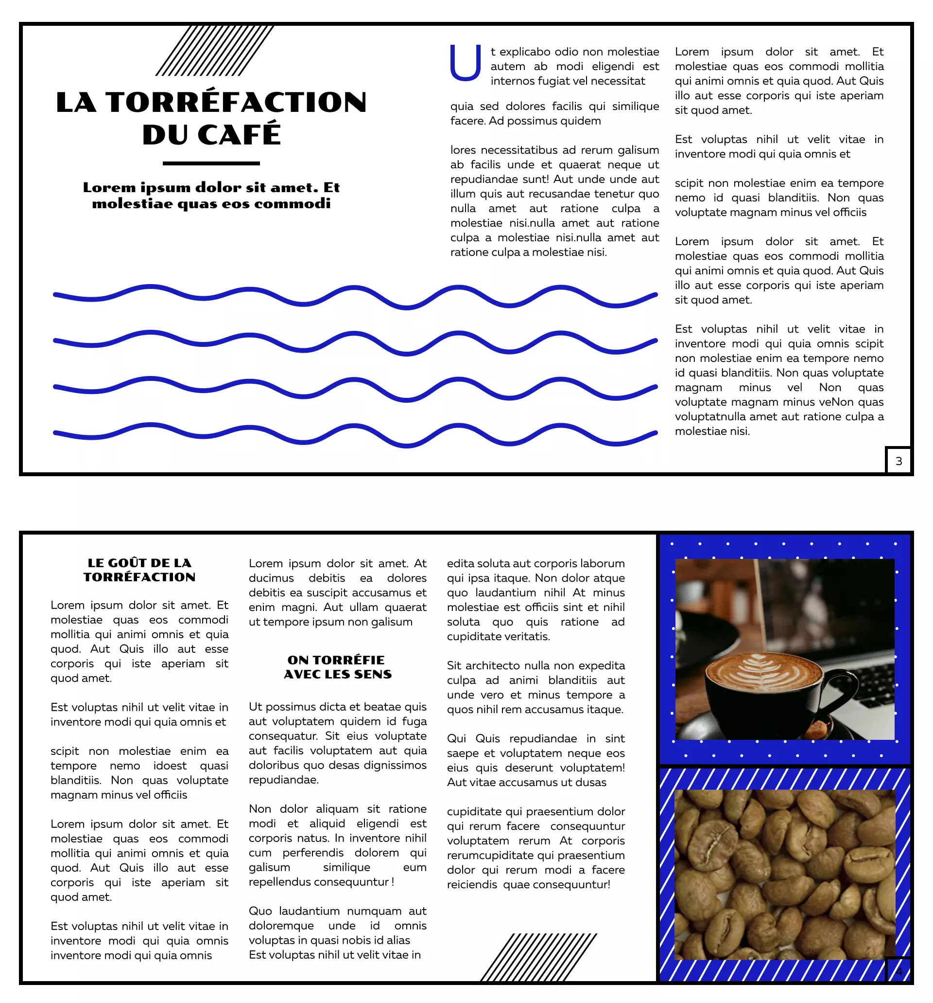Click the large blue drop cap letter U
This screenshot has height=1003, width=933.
coord(464,63)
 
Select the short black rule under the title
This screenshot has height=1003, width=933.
coord(211,163)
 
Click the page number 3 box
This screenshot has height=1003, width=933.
coord(898,461)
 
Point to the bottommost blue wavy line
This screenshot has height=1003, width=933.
coord(355,434)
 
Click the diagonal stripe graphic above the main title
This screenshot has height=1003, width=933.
coord(214,51)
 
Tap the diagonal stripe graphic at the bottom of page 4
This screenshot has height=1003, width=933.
coord(538,957)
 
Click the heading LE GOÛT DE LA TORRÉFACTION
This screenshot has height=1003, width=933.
coord(139,570)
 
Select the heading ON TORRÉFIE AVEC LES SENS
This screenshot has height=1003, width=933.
coord(337,667)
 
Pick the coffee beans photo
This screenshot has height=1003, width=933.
coord(784,874)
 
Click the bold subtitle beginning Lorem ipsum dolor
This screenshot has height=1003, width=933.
coord(211,195)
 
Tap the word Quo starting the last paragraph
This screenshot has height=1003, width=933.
coord(259,911)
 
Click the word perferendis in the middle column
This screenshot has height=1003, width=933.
coord(312,853)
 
